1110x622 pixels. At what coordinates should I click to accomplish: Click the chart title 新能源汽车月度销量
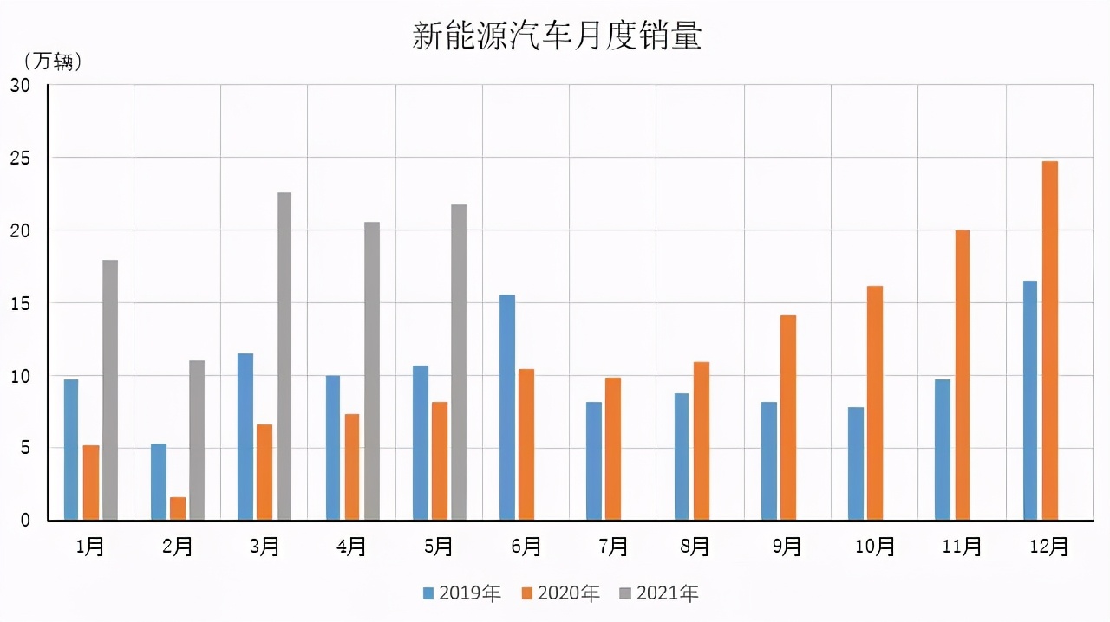point(556,36)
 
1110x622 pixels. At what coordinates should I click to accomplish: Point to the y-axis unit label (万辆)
point(53,62)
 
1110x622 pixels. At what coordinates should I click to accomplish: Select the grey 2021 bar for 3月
point(284,356)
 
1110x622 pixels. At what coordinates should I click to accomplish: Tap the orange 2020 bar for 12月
point(1050,340)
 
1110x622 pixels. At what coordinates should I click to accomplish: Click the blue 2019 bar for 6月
point(507,407)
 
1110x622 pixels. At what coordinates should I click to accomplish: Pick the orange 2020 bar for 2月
point(178,509)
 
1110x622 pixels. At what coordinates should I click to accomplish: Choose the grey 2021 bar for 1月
point(110,390)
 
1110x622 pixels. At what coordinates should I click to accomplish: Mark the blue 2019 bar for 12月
point(1030,400)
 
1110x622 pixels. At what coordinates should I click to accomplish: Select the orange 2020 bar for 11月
point(963,375)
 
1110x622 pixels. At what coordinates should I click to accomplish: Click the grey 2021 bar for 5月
point(459,362)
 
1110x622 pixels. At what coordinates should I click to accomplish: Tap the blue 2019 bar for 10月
point(856,463)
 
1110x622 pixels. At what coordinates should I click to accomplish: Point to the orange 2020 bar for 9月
point(788,418)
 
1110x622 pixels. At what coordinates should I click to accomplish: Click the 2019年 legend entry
point(462,593)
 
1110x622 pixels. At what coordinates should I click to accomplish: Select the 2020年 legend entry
point(560,593)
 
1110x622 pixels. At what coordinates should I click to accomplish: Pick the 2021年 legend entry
point(659,593)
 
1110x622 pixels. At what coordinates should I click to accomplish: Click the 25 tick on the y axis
point(20,159)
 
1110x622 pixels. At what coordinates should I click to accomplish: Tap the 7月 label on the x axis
point(613,547)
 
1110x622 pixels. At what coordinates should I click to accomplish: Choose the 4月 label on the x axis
point(351,547)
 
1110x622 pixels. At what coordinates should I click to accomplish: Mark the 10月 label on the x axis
point(874,547)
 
